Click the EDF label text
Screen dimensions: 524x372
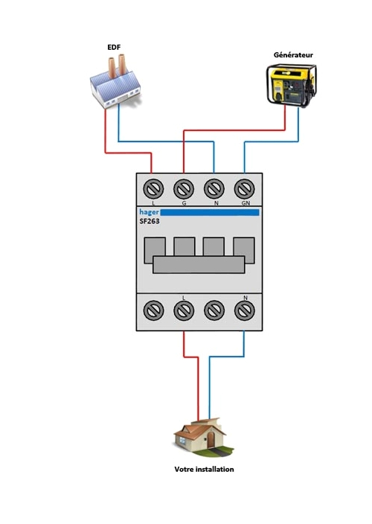tap(113, 47)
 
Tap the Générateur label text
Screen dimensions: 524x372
tap(292, 54)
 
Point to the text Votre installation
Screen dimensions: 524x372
tap(204, 470)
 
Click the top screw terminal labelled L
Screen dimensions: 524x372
tap(153, 186)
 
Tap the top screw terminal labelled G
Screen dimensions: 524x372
tap(184, 186)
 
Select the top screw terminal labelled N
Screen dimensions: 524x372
tap(214, 186)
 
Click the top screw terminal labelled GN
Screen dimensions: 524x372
tap(244, 186)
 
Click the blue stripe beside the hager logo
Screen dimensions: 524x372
tap(211, 212)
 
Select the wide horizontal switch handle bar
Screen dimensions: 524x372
tap(199, 265)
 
